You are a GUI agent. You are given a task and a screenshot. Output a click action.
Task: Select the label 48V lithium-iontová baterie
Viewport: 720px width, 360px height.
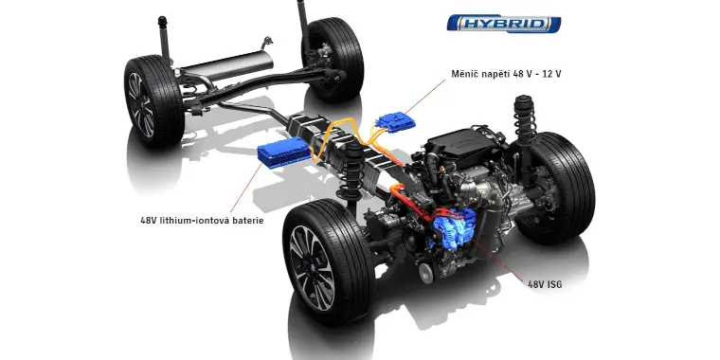click(x=201, y=221)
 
